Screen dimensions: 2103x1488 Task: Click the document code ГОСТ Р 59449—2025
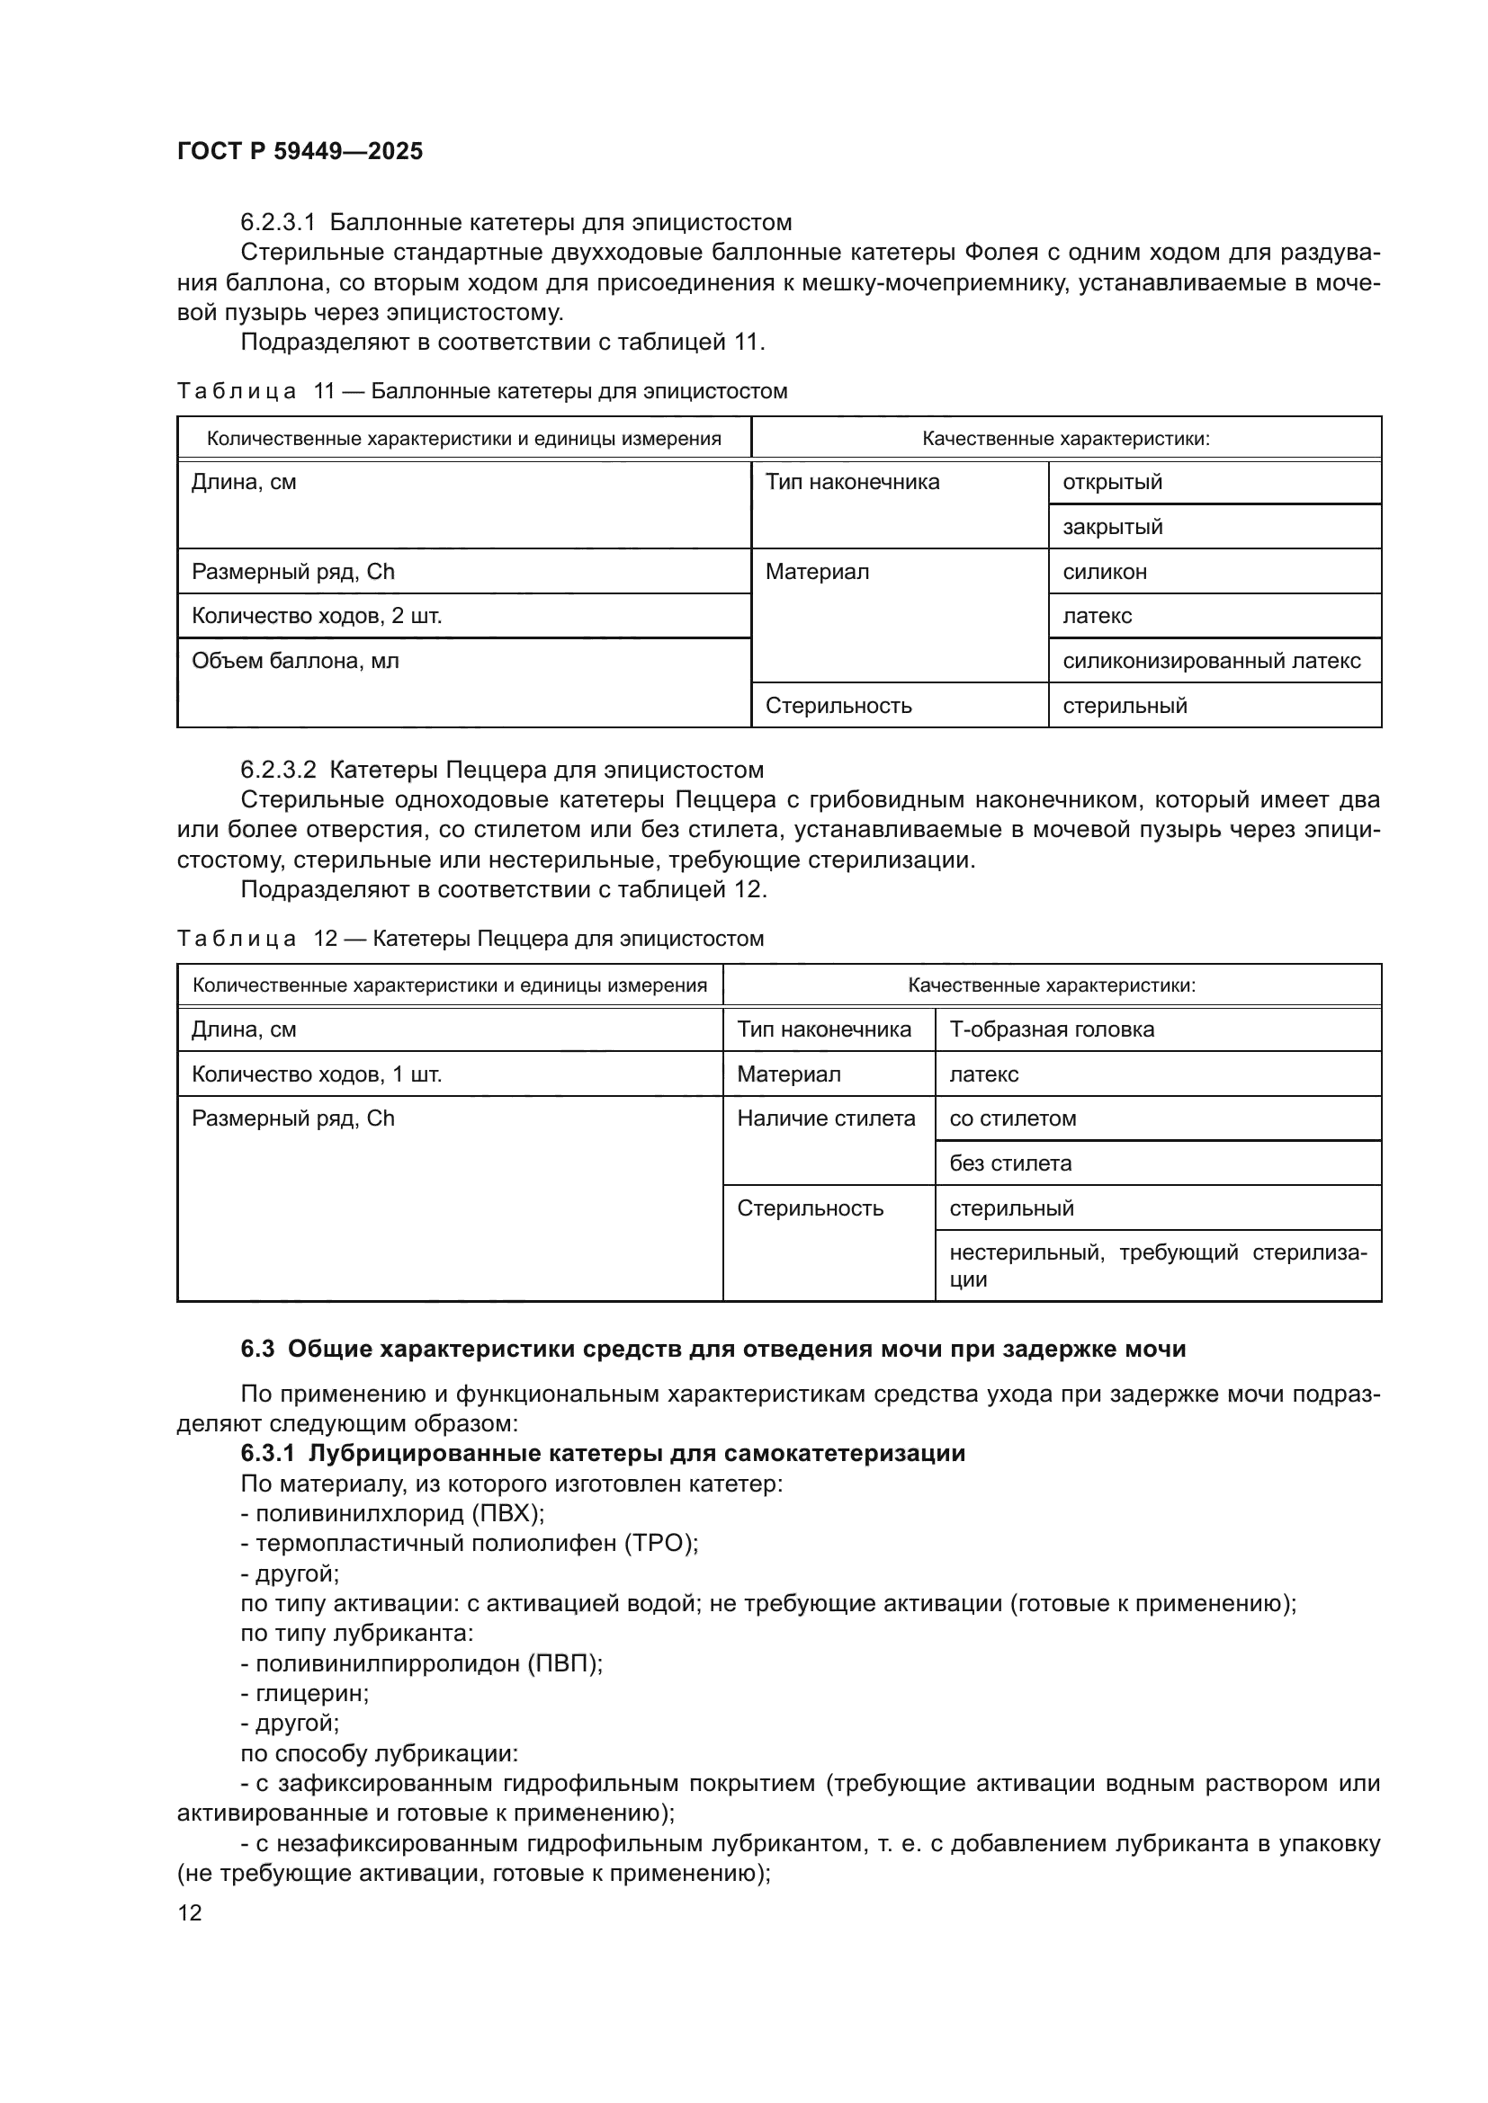[300, 151]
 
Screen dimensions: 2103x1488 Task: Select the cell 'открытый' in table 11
[1111, 482]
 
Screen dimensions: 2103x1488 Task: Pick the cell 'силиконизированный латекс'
[1211, 661]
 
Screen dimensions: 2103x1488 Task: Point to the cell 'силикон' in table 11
[1104, 572]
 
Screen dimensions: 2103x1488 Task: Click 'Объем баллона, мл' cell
[295, 661]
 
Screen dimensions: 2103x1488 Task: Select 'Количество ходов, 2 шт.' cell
[316, 616]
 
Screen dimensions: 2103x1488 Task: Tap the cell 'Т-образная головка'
[1051, 1029]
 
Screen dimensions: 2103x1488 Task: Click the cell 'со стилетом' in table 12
[1012, 1118]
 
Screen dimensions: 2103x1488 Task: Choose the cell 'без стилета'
[1009, 1163]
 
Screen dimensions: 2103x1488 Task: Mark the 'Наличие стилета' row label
[826, 1118]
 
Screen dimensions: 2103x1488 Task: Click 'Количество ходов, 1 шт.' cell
[316, 1074]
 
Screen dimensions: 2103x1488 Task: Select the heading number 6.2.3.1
[278, 223]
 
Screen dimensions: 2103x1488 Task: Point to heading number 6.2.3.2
[278, 770]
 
